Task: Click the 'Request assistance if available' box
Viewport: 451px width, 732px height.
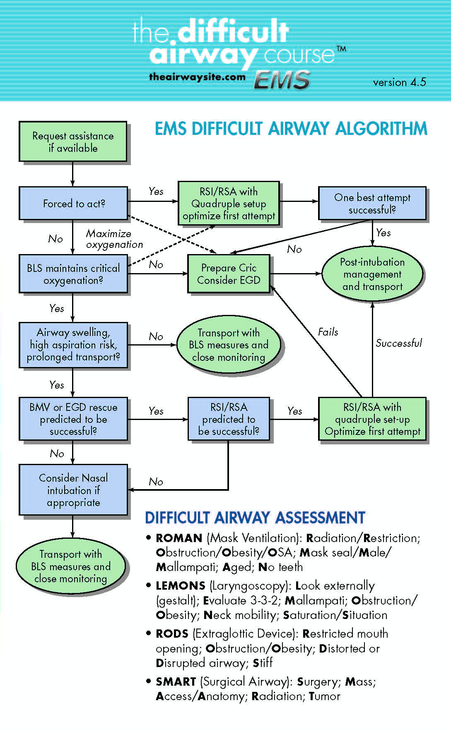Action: point(73,142)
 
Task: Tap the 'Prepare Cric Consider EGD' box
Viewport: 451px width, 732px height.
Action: point(229,274)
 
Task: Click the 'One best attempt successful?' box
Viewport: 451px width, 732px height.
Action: point(372,203)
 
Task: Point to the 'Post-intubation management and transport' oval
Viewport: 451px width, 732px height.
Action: point(372,274)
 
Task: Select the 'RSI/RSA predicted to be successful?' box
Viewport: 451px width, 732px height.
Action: point(229,419)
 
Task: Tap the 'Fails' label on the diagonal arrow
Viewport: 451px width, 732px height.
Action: point(328,332)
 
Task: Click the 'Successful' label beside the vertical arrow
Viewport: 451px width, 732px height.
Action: point(398,343)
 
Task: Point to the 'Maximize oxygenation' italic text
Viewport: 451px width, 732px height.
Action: point(114,239)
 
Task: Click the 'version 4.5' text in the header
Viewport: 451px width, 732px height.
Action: point(399,82)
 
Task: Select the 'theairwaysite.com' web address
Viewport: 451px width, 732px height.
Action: point(197,77)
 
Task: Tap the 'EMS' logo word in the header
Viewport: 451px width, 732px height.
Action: point(282,79)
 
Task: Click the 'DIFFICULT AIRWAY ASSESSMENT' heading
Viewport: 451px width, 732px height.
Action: point(255,518)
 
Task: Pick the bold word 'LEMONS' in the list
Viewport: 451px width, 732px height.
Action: point(181,586)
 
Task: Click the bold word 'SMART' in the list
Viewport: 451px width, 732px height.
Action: point(176,682)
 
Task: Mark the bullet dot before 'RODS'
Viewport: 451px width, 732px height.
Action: point(148,633)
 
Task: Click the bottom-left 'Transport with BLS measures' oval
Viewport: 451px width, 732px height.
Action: point(70,566)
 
